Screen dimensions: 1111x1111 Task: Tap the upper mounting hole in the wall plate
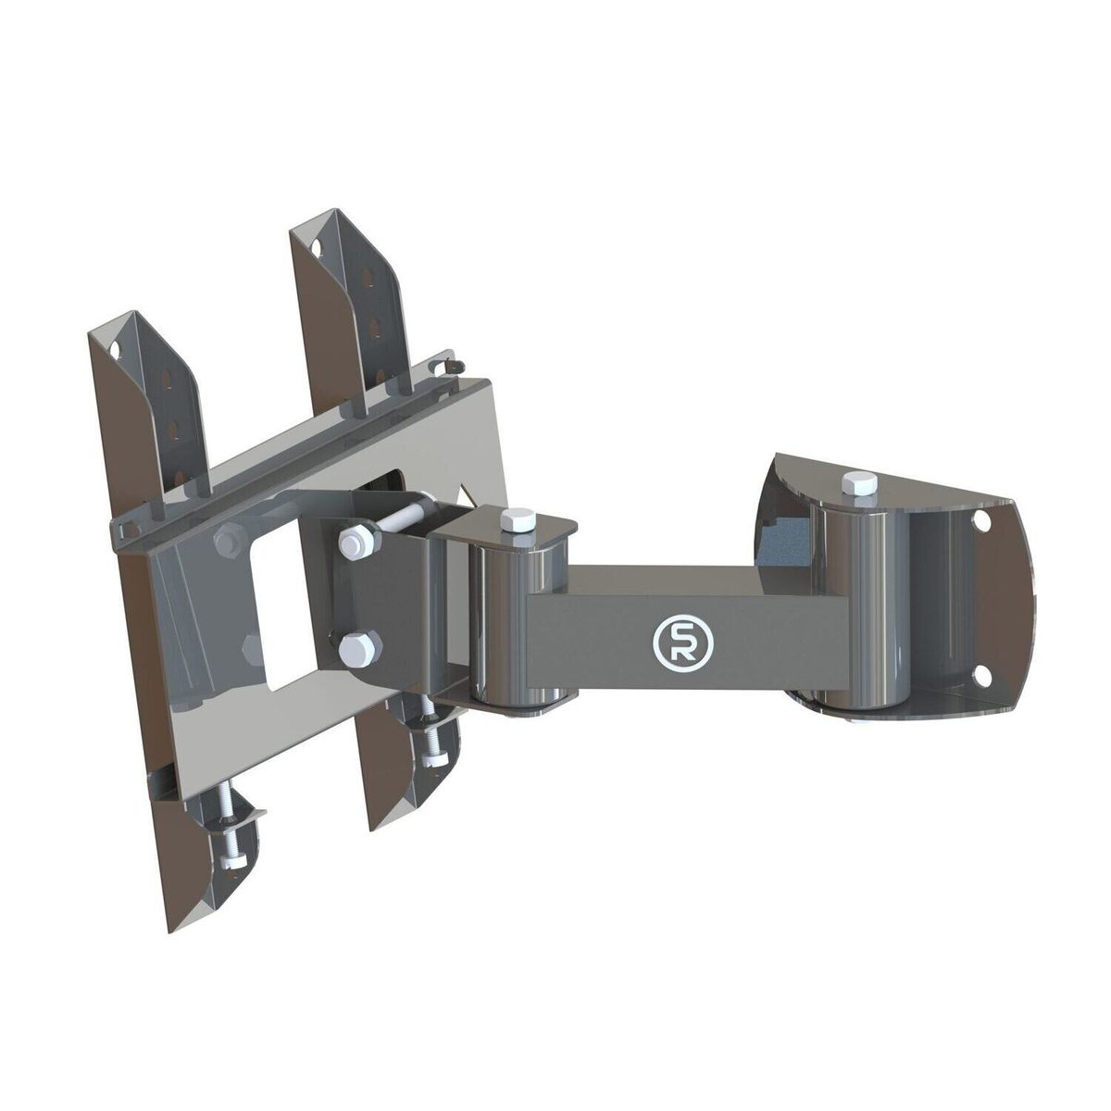[x=984, y=521]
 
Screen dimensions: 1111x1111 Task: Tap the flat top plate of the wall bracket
[x=889, y=481]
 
